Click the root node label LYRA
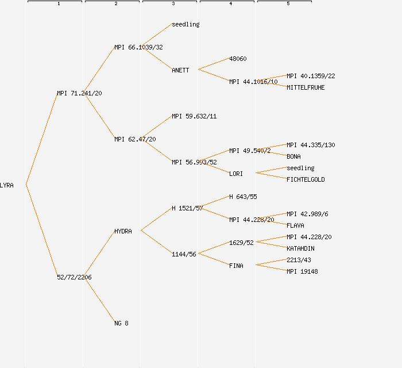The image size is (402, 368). pyautogui.click(x=7, y=185)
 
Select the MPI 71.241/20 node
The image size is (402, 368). pyautogui.click(x=79, y=93)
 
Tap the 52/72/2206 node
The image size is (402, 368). pyautogui.click(x=74, y=277)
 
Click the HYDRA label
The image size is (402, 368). pyautogui.click(x=123, y=231)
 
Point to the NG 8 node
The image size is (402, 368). pyautogui.click(x=121, y=323)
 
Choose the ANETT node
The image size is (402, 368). pyautogui.click(x=180, y=70)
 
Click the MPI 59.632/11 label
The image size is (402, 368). pyautogui.click(x=194, y=116)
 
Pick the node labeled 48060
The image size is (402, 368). pyautogui.click(x=238, y=59)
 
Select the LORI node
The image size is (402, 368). pyautogui.click(x=236, y=174)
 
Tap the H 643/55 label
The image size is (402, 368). pyautogui.click(x=243, y=197)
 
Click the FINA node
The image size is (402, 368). pyautogui.click(x=236, y=266)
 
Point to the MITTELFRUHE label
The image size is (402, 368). pyautogui.click(x=306, y=87)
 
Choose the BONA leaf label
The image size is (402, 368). pyautogui.click(x=293, y=156)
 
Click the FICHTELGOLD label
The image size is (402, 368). pyautogui.click(x=306, y=179)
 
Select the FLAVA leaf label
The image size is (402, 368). pyautogui.click(x=295, y=225)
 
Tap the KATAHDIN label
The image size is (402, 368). pyautogui.click(x=300, y=248)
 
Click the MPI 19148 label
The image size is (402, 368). pyautogui.click(x=302, y=271)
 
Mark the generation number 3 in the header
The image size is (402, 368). pyautogui.click(x=173, y=4)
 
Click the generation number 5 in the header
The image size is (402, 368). pyautogui.click(x=288, y=4)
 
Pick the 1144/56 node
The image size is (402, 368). pyautogui.click(x=184, y=254)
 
